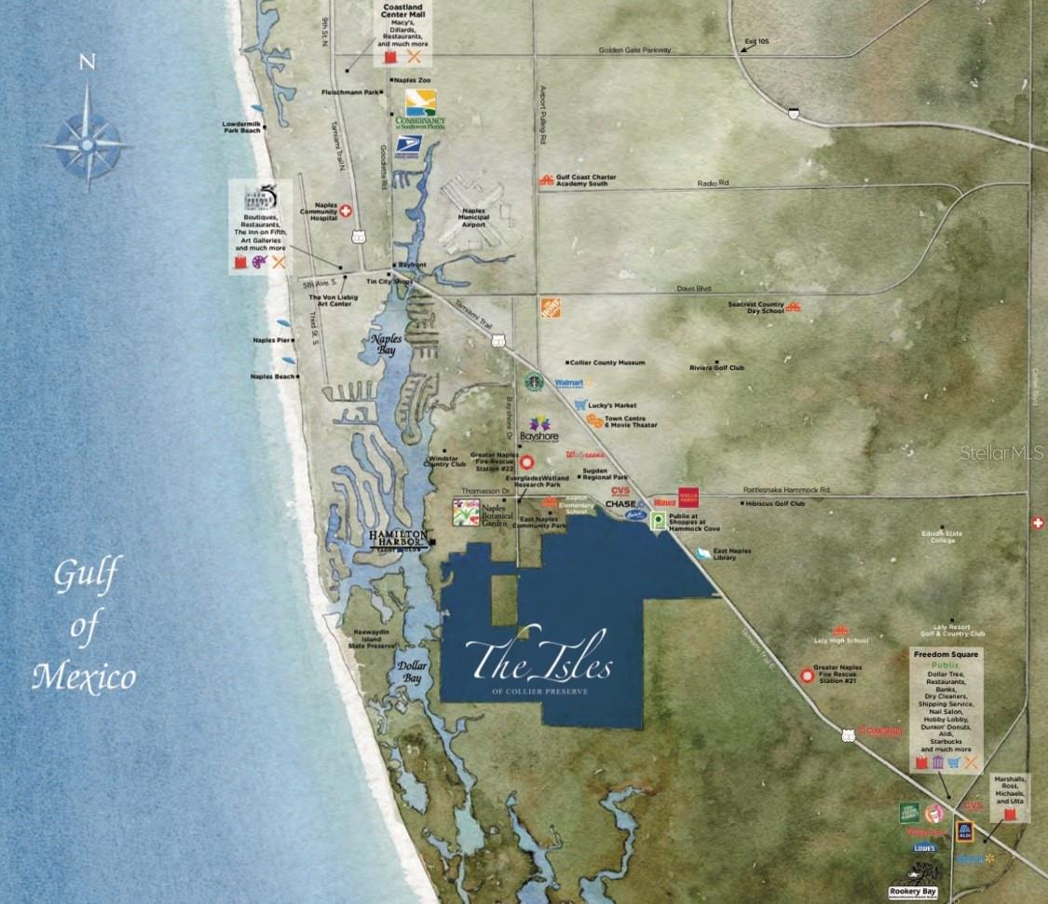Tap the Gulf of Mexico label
click(83, 626)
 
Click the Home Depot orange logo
click(550, 308)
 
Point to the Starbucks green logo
click(533, 381)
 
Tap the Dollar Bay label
click(411, 673)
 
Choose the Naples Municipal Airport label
click(474, 217)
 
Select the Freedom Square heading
click(946, 654)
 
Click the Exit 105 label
click(756, 42)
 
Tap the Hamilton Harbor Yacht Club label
click(399, 539)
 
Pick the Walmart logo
click(571, 382)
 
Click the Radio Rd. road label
click(713, 183)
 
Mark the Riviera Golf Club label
click(717, 368)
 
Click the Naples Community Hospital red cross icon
click(346, 212)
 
